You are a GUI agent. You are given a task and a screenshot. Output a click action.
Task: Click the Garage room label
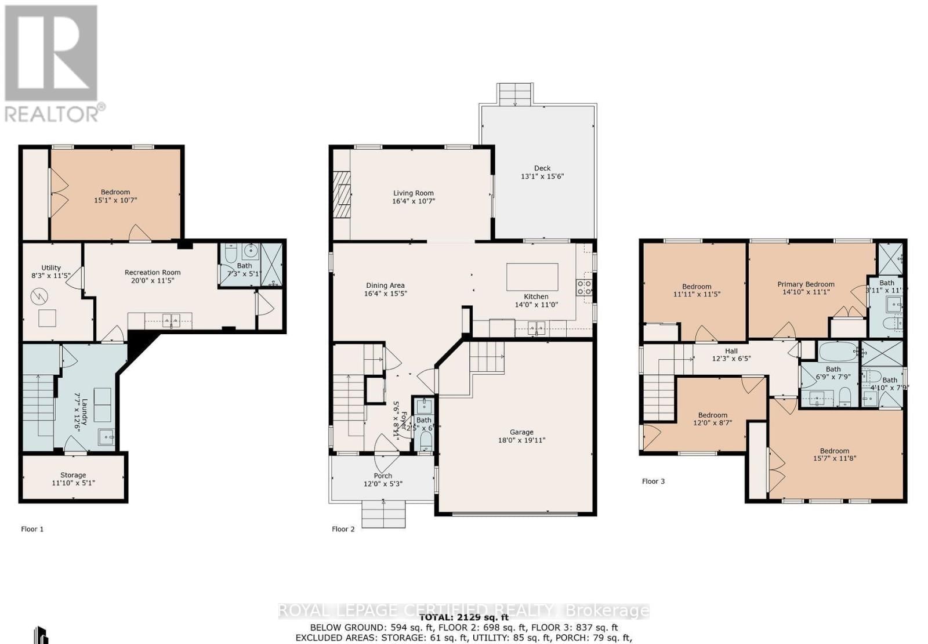[x=521, y=432]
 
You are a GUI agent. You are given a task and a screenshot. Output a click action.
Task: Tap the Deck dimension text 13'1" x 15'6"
[x=542, y=176]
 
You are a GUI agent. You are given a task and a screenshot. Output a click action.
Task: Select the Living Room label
[x=413, y=193]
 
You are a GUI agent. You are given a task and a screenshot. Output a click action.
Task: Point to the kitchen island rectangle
[x=532, y=277]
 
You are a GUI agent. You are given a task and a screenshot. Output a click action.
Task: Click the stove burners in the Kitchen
[x=584, y=288]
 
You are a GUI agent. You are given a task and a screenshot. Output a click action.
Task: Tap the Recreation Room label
[x=153, y=272]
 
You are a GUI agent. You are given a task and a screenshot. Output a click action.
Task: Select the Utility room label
[x=51, y=267]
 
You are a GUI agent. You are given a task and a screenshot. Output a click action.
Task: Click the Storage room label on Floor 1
[x=73, y=475]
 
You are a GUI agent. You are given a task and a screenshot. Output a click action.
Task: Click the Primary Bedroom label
[x=806, y=284]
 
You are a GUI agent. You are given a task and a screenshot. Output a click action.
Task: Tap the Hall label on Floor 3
[x=731, y=351]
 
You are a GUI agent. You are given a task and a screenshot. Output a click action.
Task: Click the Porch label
[x=383, y=476]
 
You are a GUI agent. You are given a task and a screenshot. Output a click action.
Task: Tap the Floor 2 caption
[x=343, y=529]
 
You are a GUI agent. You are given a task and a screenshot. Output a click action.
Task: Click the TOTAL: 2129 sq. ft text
[x=463, y=617]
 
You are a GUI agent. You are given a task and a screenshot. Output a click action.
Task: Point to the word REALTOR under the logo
[x=52, y=113]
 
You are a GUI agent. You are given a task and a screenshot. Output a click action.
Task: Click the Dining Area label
[x=385, y=285]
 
